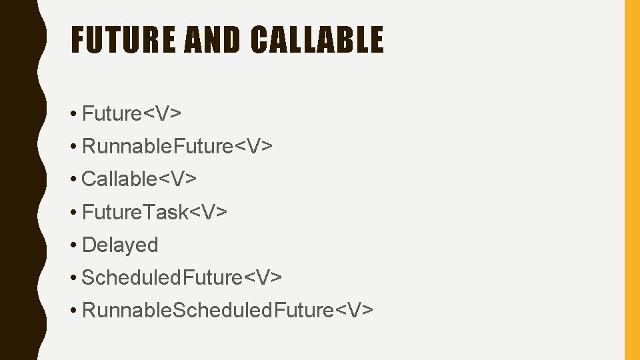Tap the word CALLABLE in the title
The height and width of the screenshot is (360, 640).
click(317, 39)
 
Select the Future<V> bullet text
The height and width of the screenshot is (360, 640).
click(131, 114)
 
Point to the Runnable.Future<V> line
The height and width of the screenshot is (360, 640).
click(177, 147)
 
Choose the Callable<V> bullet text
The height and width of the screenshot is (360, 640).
click(139, 179)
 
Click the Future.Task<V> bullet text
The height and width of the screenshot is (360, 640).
click(155, 212)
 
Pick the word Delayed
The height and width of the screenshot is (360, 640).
click(120, 245)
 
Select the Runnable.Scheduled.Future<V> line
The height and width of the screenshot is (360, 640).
click(227, 310)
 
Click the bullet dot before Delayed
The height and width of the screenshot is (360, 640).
click(73, 245)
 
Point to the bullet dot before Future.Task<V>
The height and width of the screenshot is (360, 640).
click(73, 213)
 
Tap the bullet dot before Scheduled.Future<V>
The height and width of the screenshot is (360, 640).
click(73, 278)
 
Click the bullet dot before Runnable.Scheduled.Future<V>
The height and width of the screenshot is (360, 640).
click(73, 311)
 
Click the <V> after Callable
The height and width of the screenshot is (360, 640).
click(181, 179)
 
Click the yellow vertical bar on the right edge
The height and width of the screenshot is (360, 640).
click(631, 180)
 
